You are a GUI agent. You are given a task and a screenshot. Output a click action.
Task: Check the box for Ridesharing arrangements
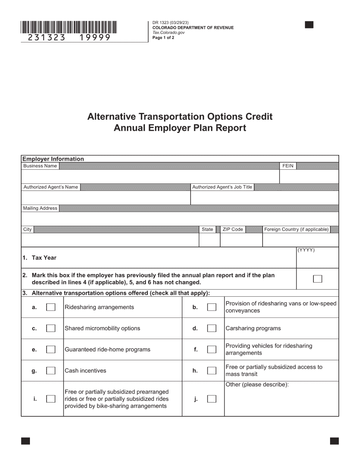(51, 307)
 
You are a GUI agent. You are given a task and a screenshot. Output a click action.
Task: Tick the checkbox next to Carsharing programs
(212, 328)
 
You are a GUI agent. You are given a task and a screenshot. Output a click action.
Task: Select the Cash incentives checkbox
(51, 371)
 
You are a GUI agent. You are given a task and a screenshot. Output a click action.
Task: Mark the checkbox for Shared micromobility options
(51, 328)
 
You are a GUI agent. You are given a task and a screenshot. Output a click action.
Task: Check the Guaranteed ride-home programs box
(51, 350)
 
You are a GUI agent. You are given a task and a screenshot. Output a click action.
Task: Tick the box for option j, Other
(212, 399)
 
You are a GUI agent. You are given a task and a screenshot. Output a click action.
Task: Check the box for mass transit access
(212, 371)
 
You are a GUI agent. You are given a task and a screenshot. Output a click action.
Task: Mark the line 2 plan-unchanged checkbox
(318, 279)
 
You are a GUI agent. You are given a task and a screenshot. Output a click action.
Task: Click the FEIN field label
(288, 166)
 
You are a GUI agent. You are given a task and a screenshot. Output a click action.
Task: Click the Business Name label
(40, 166)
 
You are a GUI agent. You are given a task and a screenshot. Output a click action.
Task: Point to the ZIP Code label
(233, 230)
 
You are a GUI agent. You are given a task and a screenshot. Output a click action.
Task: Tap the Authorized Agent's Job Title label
(222, 187)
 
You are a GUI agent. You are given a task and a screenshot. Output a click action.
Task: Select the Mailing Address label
(40, 208)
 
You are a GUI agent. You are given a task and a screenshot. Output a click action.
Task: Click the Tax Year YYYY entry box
(317, 260)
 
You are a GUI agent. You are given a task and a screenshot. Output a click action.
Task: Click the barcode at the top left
(69, 28)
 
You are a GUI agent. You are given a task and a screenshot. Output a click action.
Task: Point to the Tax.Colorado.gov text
(169, 33)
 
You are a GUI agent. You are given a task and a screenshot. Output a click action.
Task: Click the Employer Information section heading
(53, 159)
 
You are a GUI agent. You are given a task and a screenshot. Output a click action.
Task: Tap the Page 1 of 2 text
(163, 38)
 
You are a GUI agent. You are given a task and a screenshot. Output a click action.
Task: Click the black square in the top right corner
(309, 25)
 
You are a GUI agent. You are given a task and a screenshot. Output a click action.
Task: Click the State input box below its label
(210, 240)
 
